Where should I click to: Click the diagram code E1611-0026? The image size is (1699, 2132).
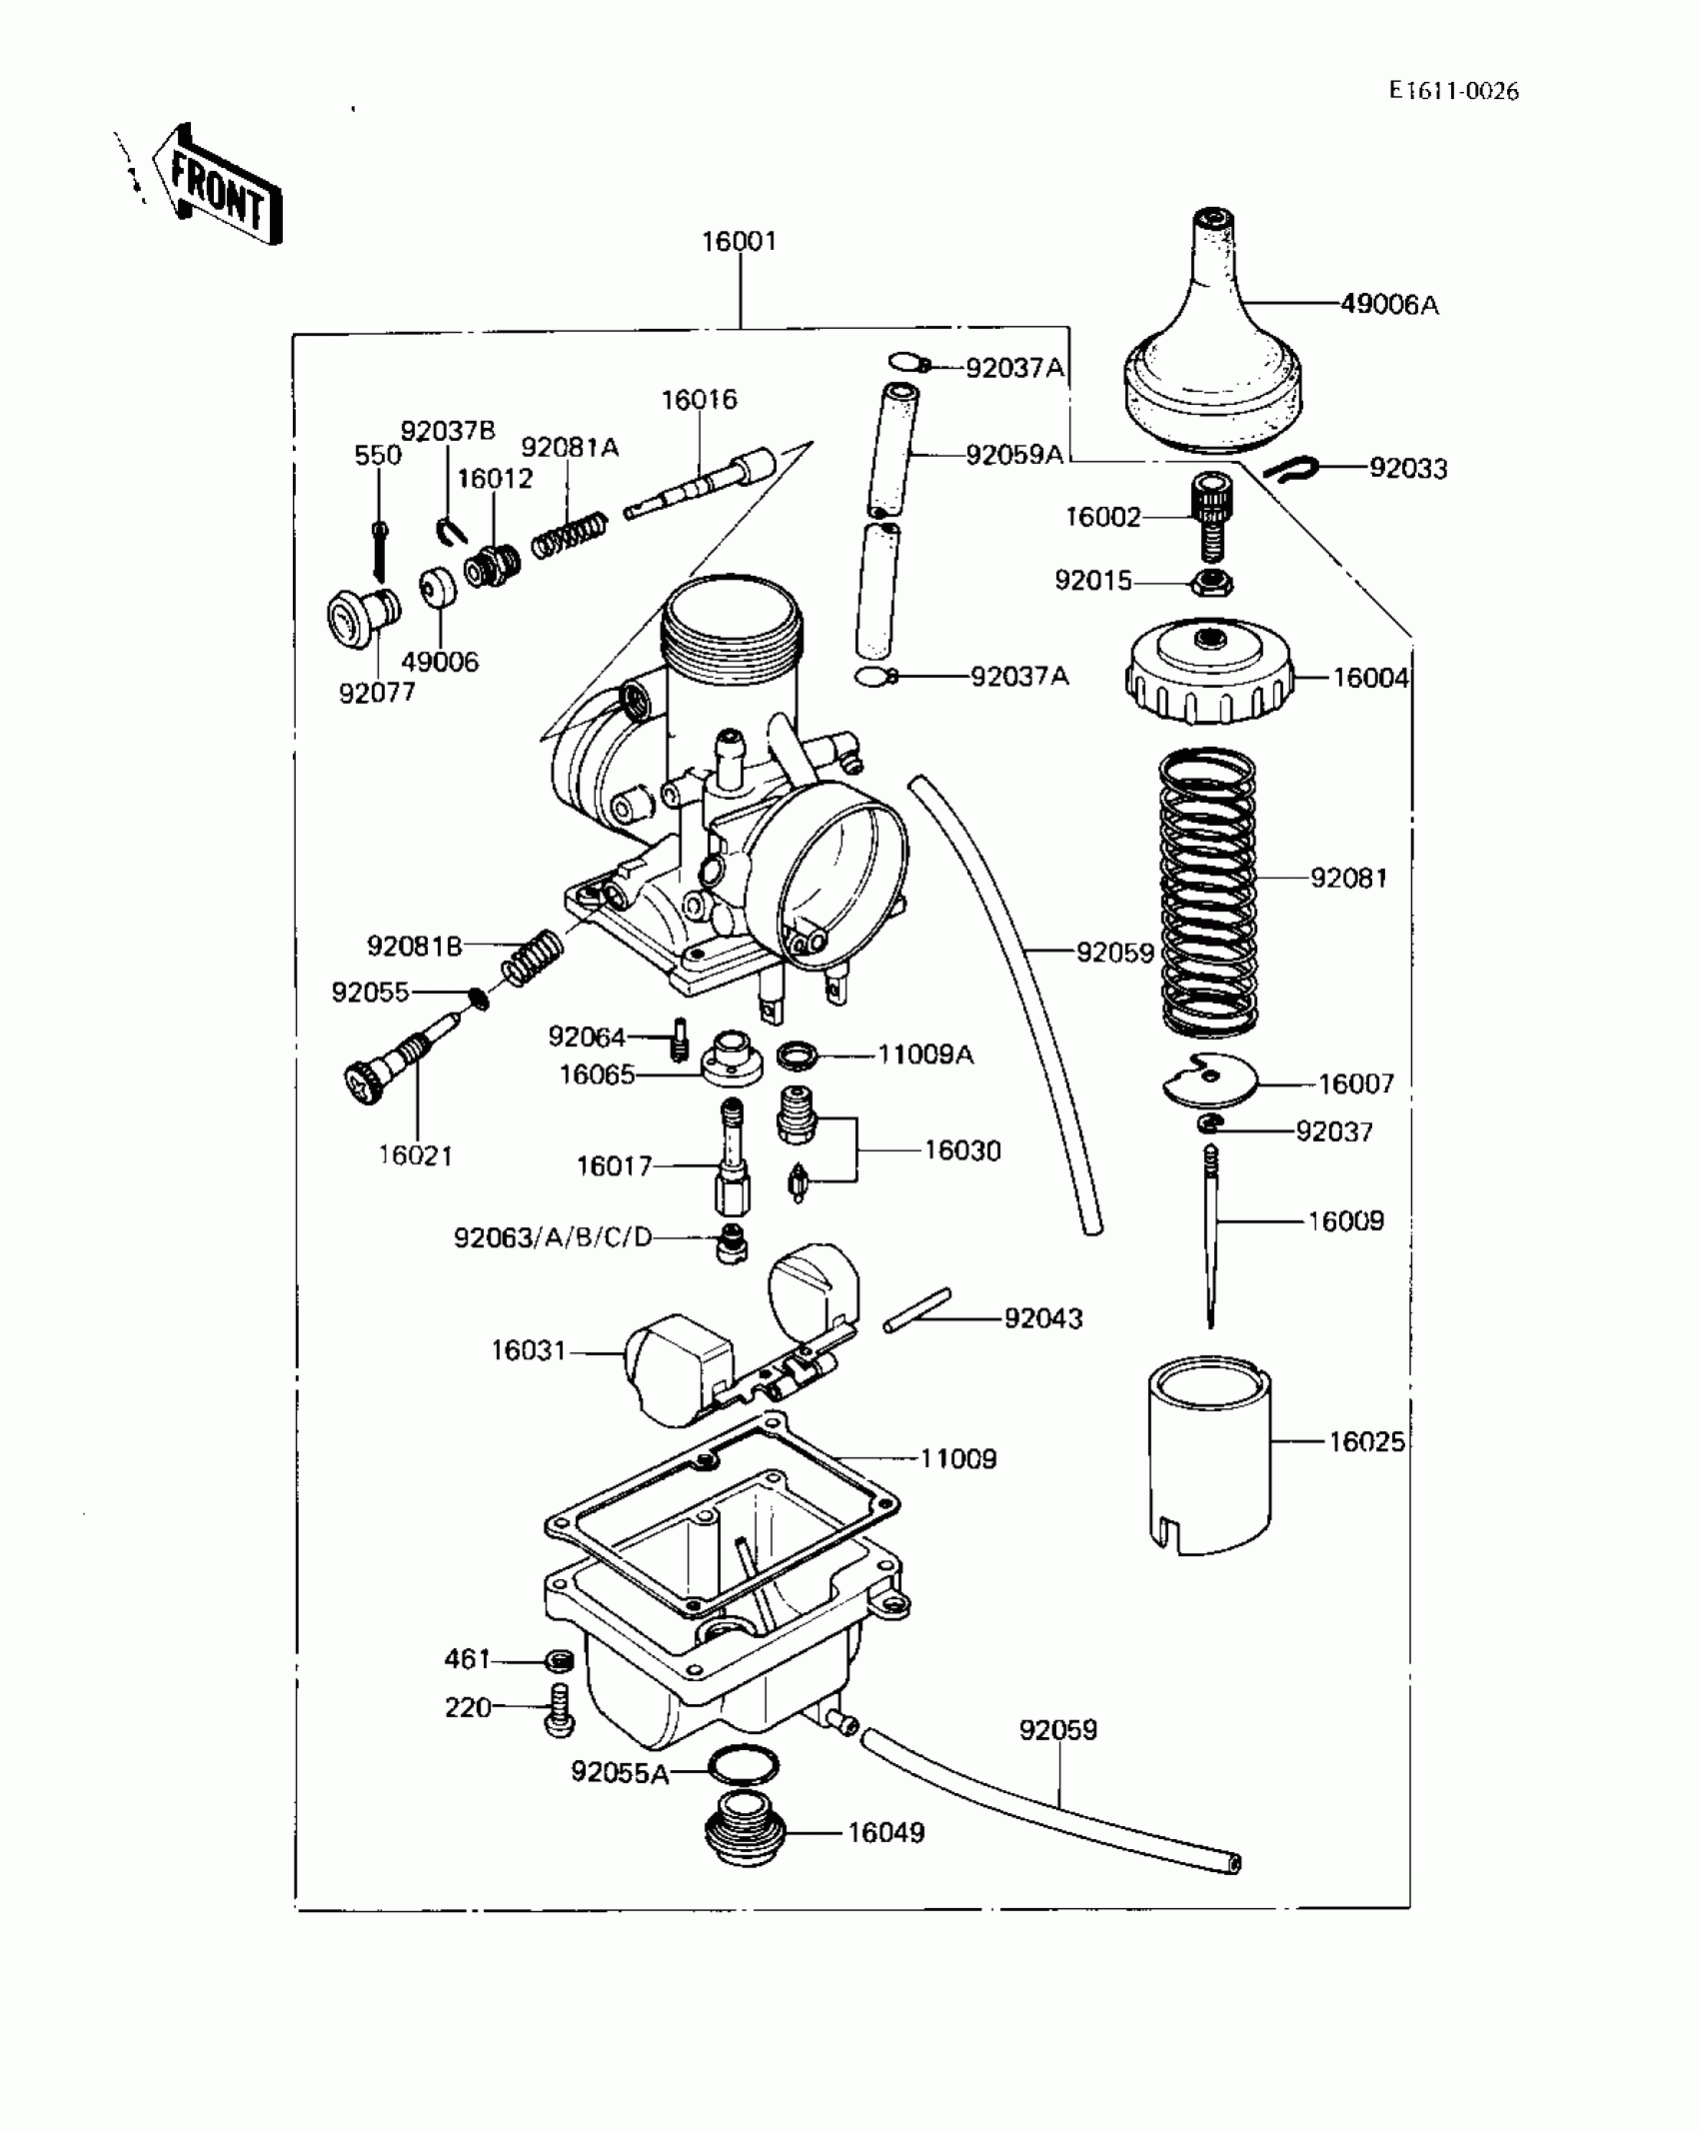(1453, 92)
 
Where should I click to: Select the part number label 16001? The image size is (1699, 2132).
(739, 242)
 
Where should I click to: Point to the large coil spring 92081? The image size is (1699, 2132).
(1207, 893)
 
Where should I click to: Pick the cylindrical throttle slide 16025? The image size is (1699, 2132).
(1207, 1457)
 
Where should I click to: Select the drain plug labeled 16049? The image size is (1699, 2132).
(746, 1832)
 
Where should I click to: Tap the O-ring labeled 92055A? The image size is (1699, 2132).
(743, 1766)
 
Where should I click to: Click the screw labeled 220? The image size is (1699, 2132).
(559, 1708)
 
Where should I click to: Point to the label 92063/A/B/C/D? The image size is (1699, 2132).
(553, 1238)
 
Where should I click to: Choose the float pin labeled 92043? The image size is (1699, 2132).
(916, 1310)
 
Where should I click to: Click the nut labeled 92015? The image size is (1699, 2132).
(1211, 581)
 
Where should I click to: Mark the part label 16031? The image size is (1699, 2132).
(528, 1351)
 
